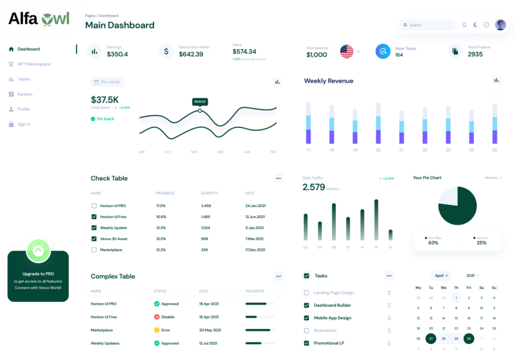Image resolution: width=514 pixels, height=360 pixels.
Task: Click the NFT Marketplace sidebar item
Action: [x=34, y=64]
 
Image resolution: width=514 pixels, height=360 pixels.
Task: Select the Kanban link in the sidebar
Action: [x=25, y=94]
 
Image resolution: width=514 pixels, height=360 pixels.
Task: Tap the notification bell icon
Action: [x=464, y=25]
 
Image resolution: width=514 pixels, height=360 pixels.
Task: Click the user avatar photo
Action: [x=500, y=25]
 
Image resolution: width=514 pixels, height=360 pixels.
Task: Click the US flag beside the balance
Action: [x=346, y=51]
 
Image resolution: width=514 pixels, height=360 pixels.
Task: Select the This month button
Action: [x=107, y=82]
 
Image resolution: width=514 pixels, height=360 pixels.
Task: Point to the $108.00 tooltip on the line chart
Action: [x=200, y=101]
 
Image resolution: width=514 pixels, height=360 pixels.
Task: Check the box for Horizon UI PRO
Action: [x=94, y=206]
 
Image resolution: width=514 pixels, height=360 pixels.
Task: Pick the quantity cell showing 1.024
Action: [x=206, y=228]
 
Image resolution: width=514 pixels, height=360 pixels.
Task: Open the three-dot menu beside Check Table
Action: [x=279, y=178]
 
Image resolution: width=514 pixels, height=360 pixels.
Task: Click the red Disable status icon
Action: [x=157, y=317]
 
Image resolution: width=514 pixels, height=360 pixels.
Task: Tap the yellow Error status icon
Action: [x=157, y=330]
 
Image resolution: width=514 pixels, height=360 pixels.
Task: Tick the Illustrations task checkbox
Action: [x=307, y=330]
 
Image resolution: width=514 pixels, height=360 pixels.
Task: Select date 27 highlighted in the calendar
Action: [x=431, y=338]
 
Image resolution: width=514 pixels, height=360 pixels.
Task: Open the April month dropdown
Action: [x=442, y=276]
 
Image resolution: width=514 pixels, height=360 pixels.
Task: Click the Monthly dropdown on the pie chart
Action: [x=493, y=178]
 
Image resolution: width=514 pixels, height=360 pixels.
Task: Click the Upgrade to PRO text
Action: [x=38, y=274]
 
